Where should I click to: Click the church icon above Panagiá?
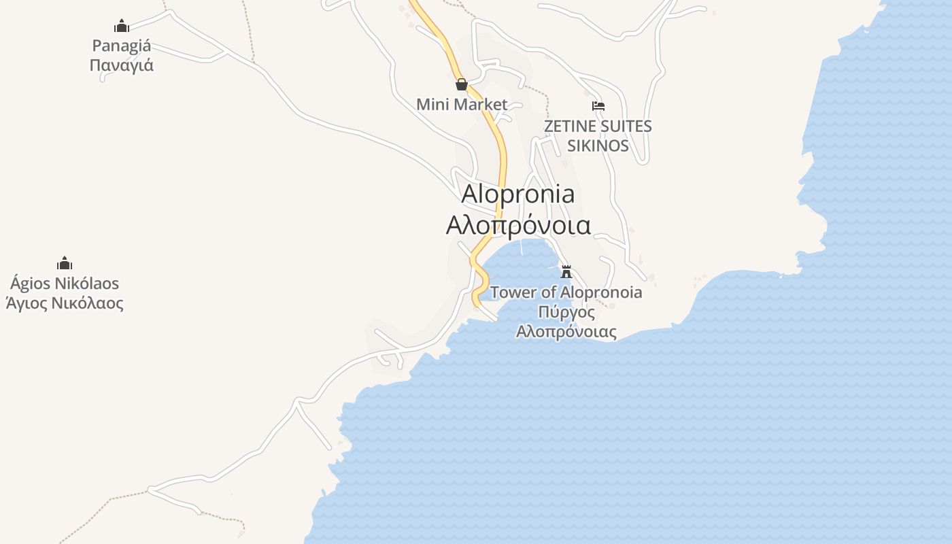122,27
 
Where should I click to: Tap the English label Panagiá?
122,46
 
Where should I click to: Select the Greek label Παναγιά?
122,66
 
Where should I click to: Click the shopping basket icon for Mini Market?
462,84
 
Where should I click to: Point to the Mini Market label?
462,104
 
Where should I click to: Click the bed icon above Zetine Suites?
598,106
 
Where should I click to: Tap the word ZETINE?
571,126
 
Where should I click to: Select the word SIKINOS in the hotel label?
598,146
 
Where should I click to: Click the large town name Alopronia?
518,194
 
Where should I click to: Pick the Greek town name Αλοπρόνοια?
518,225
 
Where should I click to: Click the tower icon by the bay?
566,272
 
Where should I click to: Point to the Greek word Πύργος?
566,313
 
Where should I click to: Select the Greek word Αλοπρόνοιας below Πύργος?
566,333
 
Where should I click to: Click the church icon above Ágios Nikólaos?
65,263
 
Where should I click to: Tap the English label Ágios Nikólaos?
65,284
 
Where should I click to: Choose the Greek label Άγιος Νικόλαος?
65,303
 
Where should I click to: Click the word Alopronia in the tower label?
598,292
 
